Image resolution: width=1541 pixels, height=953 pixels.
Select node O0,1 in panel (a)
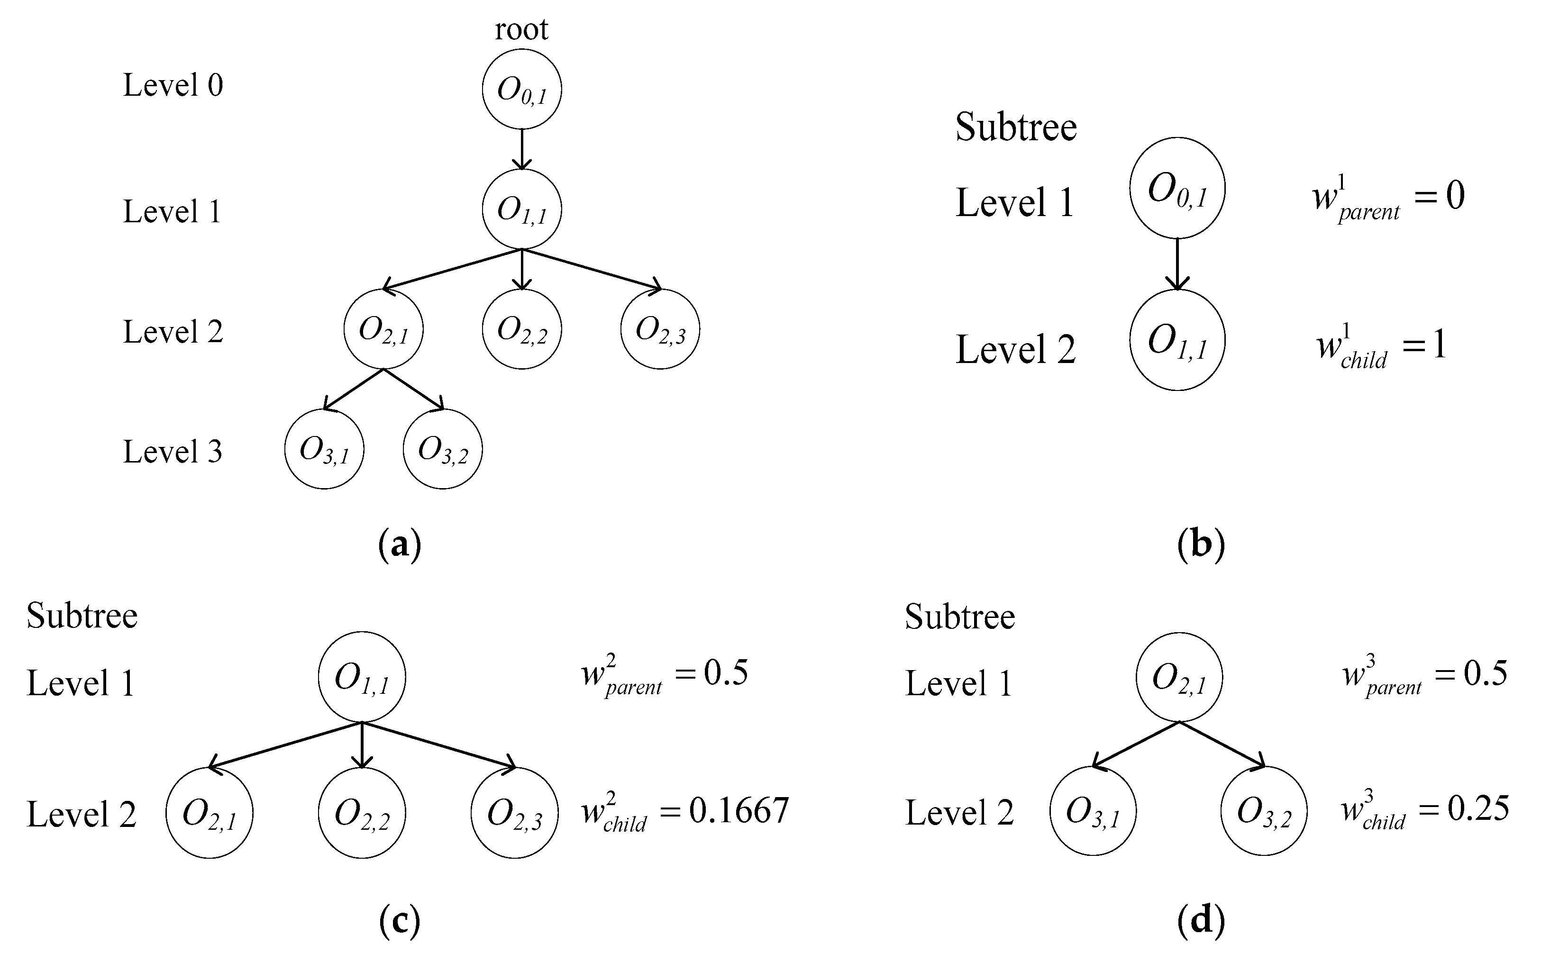[x=521, y=90]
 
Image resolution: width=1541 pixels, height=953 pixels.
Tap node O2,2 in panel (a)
[x=521, y=329]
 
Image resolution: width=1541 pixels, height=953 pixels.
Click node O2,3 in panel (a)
[x=660, y=329]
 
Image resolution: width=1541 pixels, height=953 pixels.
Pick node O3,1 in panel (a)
[x=324, y=449]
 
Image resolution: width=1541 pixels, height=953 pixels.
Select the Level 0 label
[x=173, y=85]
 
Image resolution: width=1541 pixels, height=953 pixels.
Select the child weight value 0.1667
[x=739, y=810]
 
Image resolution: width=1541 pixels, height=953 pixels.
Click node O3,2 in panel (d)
[x=1264, y=812]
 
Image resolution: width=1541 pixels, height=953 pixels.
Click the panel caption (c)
[x=400, y=921]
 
